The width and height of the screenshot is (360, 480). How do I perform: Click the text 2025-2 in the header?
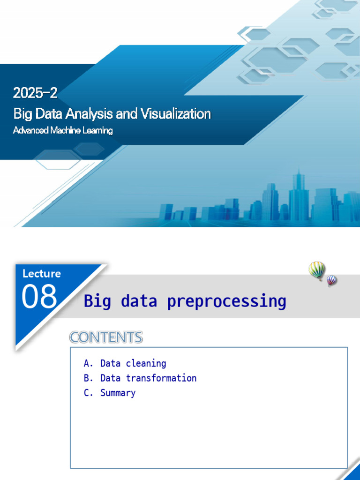coord(35,93)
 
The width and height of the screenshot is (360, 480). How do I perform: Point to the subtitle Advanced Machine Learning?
coord(63,130)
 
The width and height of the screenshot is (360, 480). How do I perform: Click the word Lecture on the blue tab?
coord(41,274)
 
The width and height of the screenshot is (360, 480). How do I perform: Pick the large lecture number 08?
coord(39,297)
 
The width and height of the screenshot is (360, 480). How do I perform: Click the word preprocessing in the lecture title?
coord(226,301)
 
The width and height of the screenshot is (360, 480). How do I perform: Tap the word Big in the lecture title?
coord(97,301)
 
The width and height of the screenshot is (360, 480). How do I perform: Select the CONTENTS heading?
coord(106,337)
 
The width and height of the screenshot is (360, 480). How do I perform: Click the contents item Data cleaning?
coord(133,363)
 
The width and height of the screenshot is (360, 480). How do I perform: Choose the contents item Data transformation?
coord(148,378)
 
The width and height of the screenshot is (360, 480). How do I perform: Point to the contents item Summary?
coord(118,393)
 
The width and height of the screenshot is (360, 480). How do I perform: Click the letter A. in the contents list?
coord(89,363)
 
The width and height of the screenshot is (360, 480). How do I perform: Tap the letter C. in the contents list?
coord(89,393)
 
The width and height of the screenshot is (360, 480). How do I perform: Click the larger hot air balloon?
coord(316,270)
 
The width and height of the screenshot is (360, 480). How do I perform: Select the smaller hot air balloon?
coord(331,280)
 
